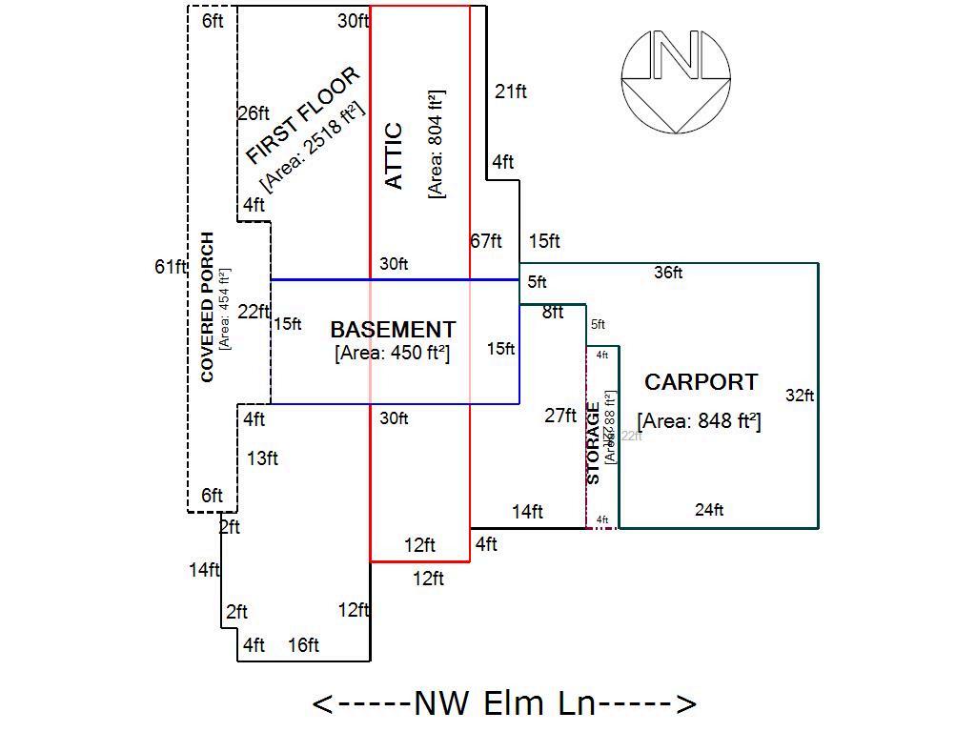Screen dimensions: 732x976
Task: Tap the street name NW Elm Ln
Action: point(504,703)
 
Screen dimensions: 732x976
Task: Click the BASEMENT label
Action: point(393,330)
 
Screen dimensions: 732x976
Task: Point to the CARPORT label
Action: point(701,382)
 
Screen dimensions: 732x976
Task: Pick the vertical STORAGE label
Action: point(593,443)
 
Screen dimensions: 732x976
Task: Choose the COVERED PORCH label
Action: point(208,307)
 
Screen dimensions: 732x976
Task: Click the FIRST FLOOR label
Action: point(302,115)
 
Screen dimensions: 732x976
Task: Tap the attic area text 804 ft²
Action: point(437,144)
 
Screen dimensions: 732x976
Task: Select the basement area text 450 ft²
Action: point(393,353)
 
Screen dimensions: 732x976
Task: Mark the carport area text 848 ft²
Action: point(699,420)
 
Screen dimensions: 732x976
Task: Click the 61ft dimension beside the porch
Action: point(170,267)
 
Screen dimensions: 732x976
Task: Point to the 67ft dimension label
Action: point(486,241)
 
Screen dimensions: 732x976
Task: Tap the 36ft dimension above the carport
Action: point(668,273)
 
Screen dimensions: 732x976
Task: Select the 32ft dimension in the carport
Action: point(800,396)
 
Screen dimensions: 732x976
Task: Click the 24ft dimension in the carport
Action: point(709,510)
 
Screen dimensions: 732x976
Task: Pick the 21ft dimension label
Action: point(511,91)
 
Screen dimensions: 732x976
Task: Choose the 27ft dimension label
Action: point(560,416)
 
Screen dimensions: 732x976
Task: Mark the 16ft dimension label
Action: point(303,645)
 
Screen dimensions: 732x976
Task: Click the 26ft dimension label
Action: point(254,113)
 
